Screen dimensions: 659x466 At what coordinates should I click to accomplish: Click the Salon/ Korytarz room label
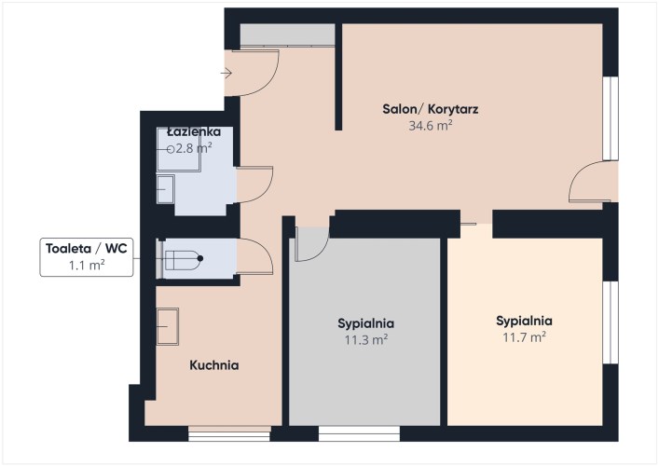430,109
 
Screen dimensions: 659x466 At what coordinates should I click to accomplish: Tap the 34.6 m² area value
431,125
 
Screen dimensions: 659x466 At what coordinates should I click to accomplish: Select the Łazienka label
194,132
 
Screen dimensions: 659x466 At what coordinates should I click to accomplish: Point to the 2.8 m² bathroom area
194,148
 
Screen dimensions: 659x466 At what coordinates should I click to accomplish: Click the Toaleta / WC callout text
87,248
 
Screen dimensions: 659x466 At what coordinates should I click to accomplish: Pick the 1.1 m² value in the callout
87,265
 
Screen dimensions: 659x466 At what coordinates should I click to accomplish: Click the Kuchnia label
214,365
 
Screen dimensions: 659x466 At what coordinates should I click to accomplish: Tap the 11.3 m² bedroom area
366,339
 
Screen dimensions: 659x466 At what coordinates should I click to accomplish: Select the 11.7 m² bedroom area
524,337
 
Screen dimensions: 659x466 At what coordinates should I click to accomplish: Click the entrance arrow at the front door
227,74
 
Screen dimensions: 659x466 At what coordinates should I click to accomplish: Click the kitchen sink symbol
168,326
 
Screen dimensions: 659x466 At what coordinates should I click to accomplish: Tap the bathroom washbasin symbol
166,189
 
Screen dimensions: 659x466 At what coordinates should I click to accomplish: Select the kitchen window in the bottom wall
229,433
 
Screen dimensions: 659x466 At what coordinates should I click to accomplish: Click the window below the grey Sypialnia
359,433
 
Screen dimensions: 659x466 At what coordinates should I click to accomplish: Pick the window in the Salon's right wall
611,118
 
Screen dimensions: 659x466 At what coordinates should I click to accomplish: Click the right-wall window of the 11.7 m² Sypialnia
611,322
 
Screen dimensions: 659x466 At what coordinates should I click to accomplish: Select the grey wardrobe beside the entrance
287,34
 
